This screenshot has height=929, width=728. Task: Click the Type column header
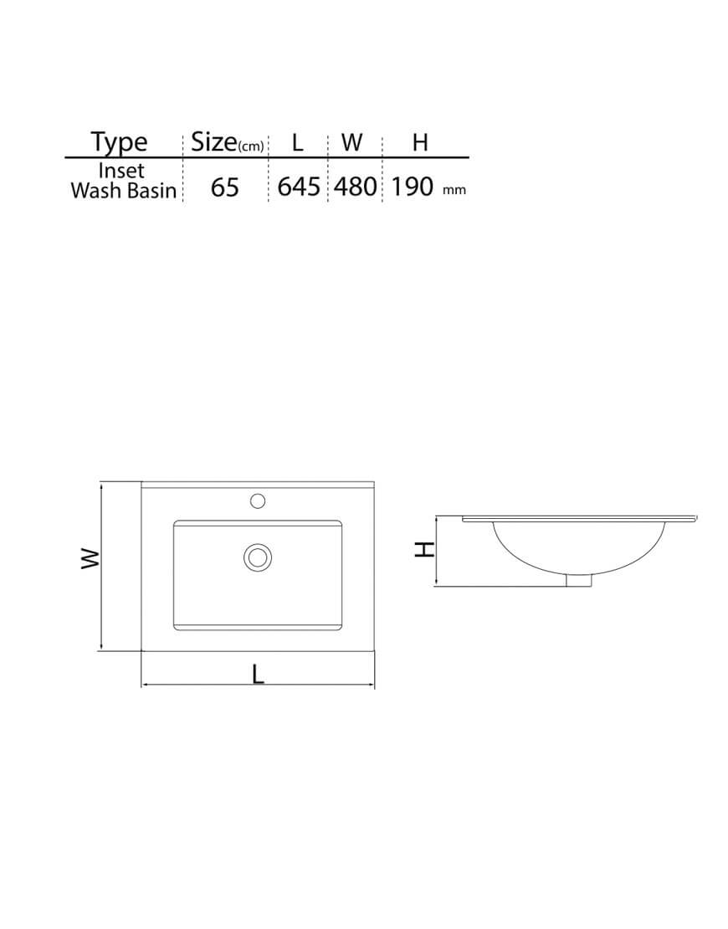(x=119, y=143)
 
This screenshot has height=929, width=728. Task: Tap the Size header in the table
(x=214, y=143)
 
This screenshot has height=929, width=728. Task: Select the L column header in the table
(x=297, y=143)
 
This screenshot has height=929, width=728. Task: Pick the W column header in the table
(x=351, y=142)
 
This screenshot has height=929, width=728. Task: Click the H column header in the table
(x=419, y=142)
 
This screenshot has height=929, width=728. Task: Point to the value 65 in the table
(x=224, y=187)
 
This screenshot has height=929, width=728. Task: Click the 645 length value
(x=299, y=187)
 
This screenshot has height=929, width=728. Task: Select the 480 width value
(x=356, y=187)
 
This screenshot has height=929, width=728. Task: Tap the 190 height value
(x=413, y=187)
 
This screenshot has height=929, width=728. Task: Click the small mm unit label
(x=454, y=190)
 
